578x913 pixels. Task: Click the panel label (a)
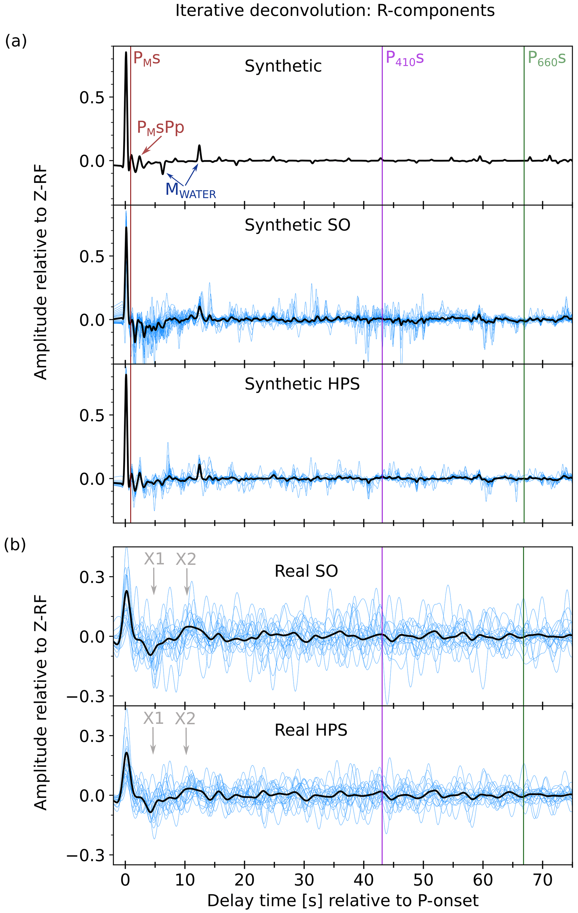point(16,41)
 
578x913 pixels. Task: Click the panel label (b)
point(15,545)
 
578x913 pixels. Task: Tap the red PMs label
point(147,59)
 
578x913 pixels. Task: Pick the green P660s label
point(547,59)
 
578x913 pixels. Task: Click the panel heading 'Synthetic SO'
point(297,225)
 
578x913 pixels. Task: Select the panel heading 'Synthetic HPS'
point(302,384)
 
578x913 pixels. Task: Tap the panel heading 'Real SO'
point(306,571)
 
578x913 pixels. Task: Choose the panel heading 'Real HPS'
point(311,730)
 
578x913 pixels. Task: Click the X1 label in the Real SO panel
point(154,559)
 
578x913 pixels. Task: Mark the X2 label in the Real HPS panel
point(185,719)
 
